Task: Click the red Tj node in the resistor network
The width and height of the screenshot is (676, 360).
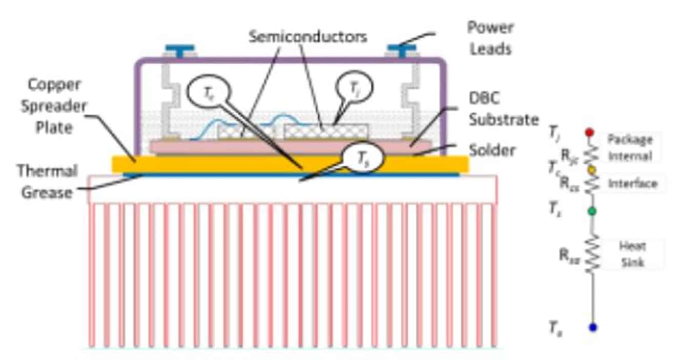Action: [x=589, y=132]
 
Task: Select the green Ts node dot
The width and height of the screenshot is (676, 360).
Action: [x=592, y=211]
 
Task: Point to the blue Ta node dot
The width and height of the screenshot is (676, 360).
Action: [x=593, y=327]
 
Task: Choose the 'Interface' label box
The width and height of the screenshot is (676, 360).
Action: [x=632, y=184]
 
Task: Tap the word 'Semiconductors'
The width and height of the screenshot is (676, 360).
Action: [x=308, y=37]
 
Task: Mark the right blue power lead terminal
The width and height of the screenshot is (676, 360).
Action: [x=401, y=50]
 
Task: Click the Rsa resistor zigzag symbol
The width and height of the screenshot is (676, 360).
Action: [x=592, y=254]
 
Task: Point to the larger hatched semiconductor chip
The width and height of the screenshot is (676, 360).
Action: [x=326, y=131]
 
